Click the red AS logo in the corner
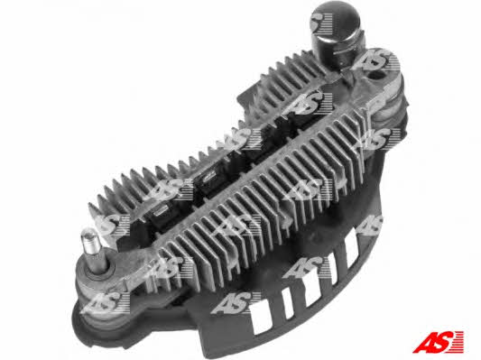(438, 342)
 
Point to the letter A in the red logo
(424, 343)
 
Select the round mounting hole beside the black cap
(376, 75)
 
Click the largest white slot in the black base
(262, 318)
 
